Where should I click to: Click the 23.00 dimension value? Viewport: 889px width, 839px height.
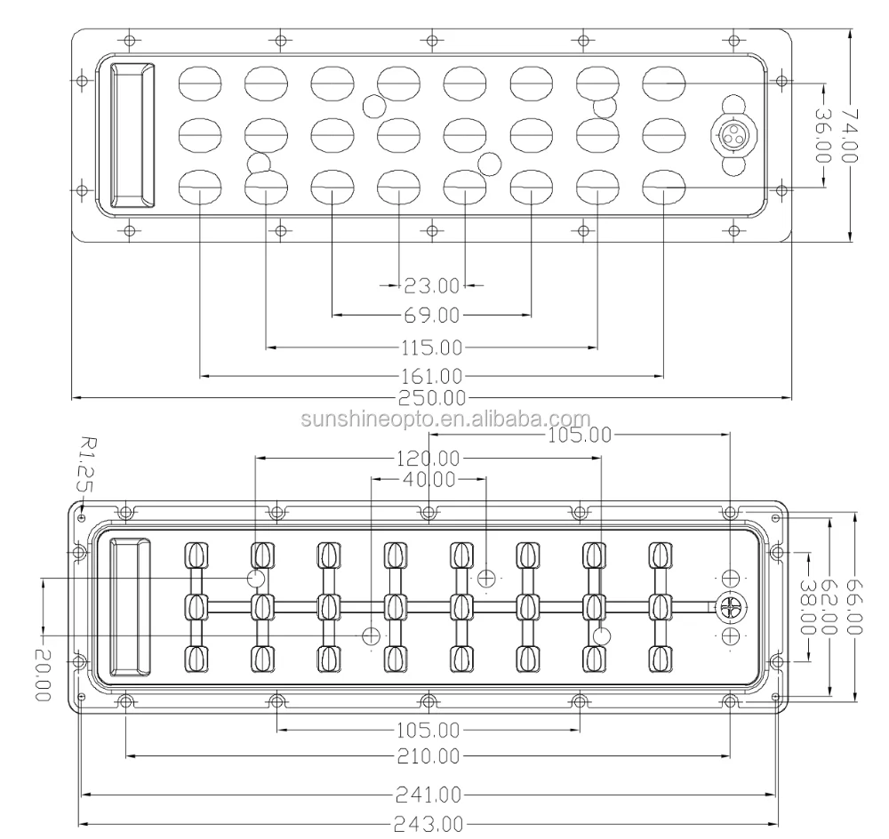(431, 286)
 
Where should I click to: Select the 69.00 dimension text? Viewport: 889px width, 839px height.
(431, 316)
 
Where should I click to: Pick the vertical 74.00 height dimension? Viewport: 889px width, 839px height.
(851, 134)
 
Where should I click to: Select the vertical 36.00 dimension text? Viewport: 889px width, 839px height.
(823, 134)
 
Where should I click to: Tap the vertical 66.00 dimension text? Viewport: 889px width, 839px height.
(854, 608)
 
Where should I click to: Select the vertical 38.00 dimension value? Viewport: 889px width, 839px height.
(808, 608)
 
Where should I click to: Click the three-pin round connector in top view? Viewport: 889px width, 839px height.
(733, 135)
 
